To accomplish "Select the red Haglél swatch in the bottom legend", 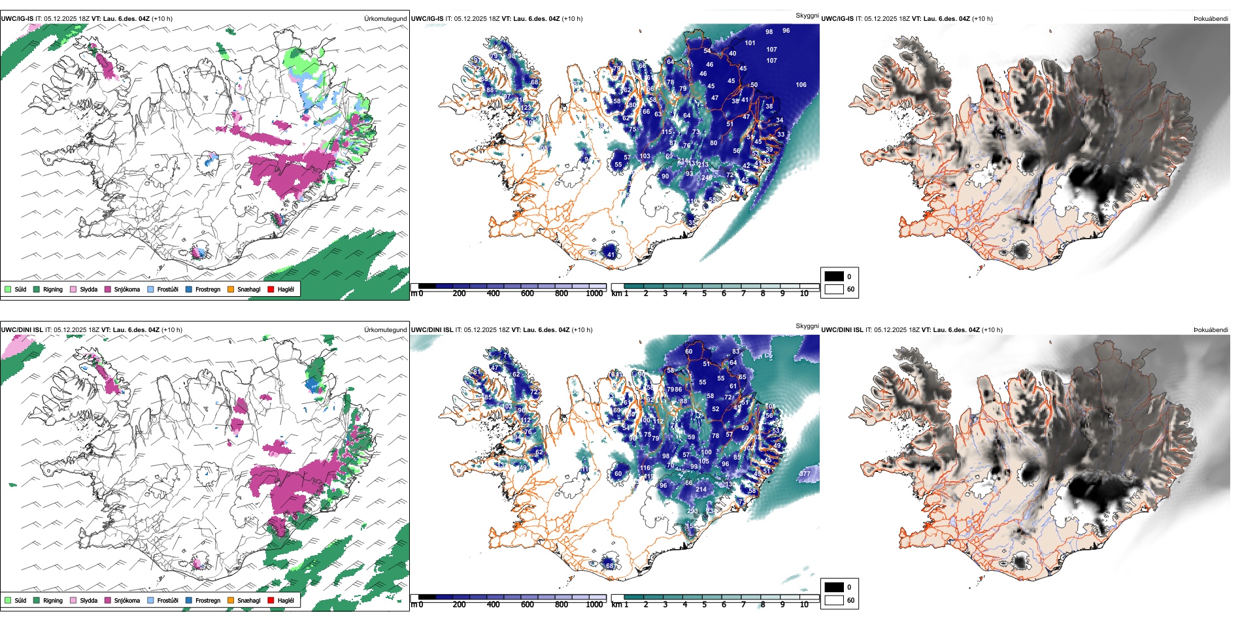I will tap(271, 600).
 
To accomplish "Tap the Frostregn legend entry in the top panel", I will tap(207, 289).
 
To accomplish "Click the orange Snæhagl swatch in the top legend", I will tap(231, 289).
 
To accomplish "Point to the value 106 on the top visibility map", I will tap(801, 85).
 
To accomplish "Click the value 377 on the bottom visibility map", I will tap(805, 474).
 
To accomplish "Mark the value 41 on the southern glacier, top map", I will tap(611, 255).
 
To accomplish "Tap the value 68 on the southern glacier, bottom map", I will tap(610, 566).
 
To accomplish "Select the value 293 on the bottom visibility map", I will tap(692, 511).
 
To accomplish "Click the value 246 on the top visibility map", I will tap(707, 178).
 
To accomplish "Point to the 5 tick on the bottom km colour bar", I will tap(705, 605).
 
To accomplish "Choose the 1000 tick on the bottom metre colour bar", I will tap(594, 605).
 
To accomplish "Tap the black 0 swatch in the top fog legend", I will tap(834, 277).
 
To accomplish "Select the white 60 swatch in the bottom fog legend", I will tap(834, 600).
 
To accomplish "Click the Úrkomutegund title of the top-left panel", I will tap(385, 19).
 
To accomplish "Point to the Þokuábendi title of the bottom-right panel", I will tap(1211, 330).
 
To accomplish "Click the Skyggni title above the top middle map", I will tap(807, 16).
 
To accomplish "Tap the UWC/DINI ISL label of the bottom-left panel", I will tap(22, 330).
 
